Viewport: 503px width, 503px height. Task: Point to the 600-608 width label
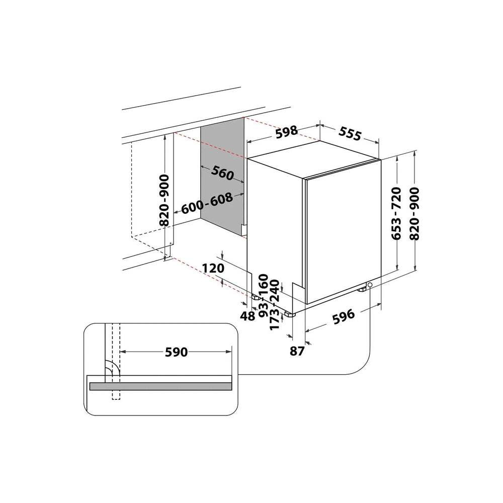click(x=207, y=204)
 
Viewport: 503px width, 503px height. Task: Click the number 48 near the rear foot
click(x=247, y=316)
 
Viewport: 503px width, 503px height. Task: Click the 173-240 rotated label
click(x=275, y=312)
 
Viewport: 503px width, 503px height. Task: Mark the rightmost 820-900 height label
click(x=415, y=213)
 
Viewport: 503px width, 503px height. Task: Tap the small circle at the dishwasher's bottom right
click(x=370, y=285)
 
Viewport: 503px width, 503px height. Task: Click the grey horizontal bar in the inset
click(x=161, y=386)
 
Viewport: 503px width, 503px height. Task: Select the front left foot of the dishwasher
click(x=289, y=314)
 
